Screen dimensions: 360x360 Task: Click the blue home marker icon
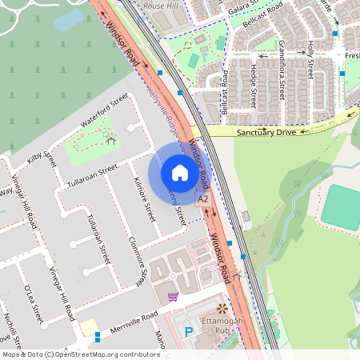[180, 173]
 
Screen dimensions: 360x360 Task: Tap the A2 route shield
[203, 198]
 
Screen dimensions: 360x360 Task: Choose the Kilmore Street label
[146, 200]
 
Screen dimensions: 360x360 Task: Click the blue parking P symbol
[190, 331]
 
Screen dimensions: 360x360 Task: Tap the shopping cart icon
[172, 297]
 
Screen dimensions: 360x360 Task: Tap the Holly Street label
[310, 60]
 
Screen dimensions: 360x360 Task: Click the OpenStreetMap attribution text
[82, 354]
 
